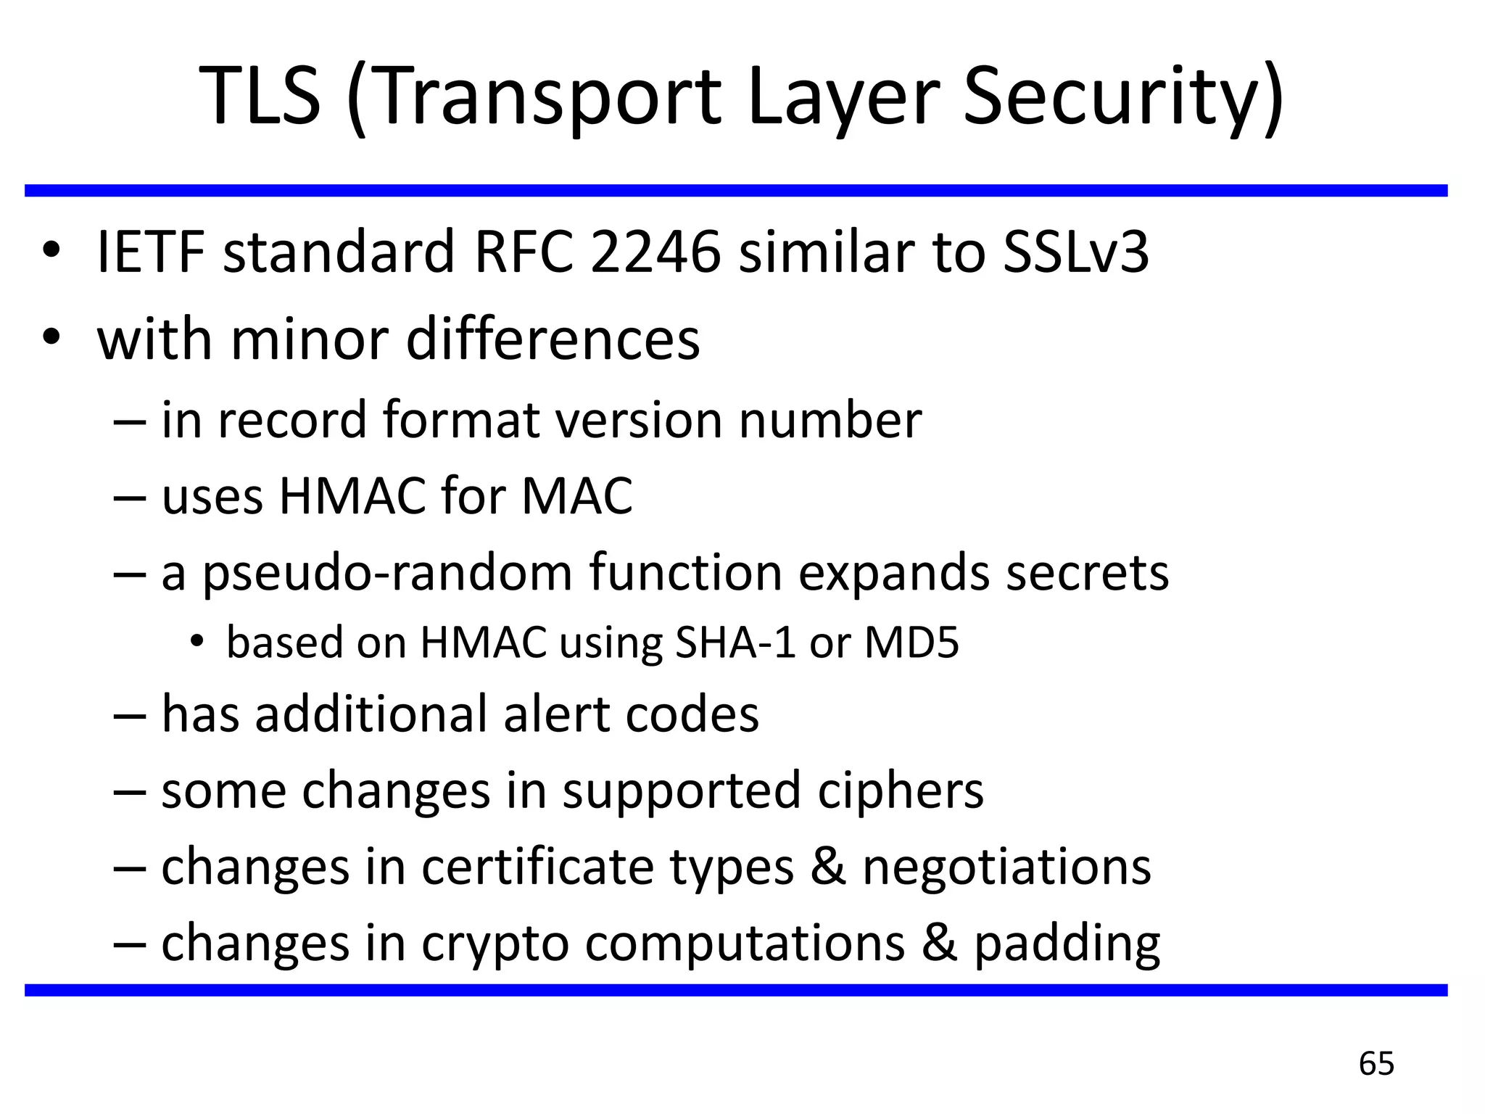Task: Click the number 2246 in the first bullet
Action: coord(655,253)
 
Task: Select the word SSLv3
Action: coord(1076,253)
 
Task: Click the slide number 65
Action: coord(1376,1064)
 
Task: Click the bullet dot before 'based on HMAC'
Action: coord(196,641)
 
